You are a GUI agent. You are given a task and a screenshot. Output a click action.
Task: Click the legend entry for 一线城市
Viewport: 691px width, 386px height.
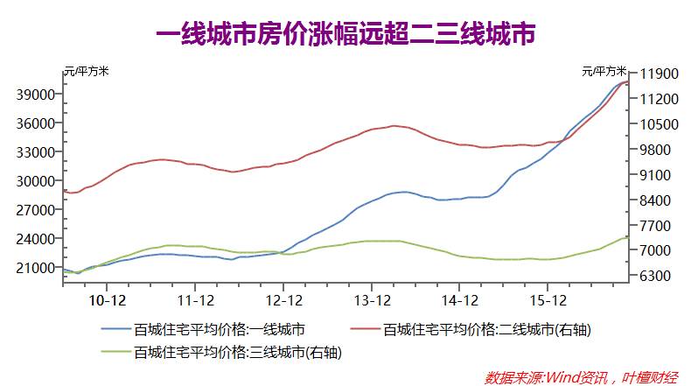coord(219,330)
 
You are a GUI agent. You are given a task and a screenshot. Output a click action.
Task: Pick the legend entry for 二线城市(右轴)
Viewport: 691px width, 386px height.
coord(495,330)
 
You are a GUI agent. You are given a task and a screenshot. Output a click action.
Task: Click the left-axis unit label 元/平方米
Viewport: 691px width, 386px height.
coord(87,70)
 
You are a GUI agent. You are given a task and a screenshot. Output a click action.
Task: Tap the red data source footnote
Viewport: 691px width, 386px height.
coord(581,376)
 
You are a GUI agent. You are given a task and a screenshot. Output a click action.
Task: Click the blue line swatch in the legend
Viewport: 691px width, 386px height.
coord(115,330)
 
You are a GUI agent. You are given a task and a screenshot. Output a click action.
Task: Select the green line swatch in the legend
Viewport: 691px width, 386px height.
coord(115,353)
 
